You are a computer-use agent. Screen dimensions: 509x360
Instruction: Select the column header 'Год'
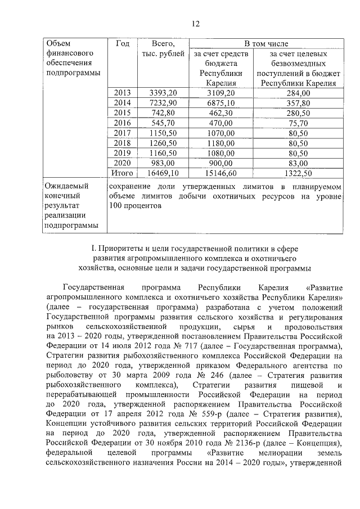(x=122, y=43)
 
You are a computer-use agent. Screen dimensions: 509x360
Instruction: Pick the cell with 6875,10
(x=220, y=102)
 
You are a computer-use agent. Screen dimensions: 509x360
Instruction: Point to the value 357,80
(x=298, y=102)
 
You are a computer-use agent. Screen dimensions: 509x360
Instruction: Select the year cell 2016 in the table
(x=122, y=123)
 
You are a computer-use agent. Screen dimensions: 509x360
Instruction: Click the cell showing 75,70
(x=298, y=123)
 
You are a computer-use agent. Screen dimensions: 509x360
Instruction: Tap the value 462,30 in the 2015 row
(x=220, y=112)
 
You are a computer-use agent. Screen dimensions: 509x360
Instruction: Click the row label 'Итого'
(x=122, y=173)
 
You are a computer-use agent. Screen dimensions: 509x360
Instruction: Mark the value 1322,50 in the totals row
(x=298, y=173)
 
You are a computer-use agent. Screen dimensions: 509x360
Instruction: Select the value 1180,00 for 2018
(x=220, y=143)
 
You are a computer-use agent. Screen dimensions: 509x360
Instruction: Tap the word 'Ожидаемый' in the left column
(x=65, y=186)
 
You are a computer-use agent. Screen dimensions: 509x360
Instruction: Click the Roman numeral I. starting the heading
(x=93, y=247)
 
